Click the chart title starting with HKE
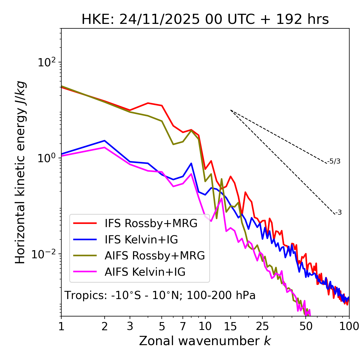pos(205,20)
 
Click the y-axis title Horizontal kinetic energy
pos(20,173)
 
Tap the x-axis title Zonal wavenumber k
pos(205,341)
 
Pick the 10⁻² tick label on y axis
pos(45,254)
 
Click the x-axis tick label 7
pos(183,326)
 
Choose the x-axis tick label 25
pos(262,326)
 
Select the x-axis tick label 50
pos(306,326)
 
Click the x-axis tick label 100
pos(349,326)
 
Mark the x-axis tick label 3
pos(130,326)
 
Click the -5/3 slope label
pos(334,161)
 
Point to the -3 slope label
pos(338,212)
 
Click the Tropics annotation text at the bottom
pos(160,295)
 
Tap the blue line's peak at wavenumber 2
pos(105,141)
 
